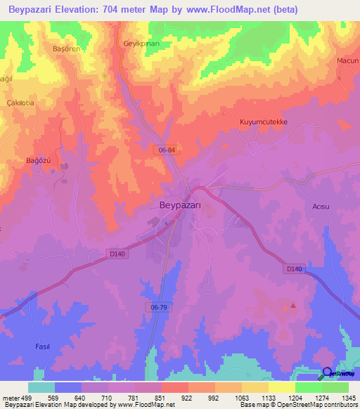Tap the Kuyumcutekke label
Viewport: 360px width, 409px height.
coord(264,122)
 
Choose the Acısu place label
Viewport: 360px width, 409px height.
coord(321,206)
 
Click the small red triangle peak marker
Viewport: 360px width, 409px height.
coord(293,306)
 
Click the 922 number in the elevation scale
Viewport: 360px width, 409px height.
coord(186,398)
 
